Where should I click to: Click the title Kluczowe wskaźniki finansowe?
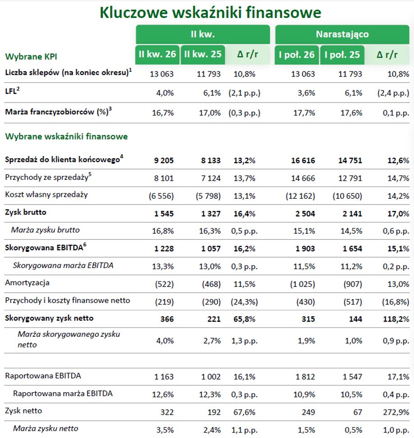pyautogui.click(x=210, y=13)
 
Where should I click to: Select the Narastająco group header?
pyautogui.click(x=342, y=34)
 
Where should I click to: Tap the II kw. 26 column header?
pyautogui.click(x=157, y=54)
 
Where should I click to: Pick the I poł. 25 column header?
pyautogui.click(x=342, y=54)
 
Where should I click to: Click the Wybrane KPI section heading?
pyautogui.click(x=31, y=57)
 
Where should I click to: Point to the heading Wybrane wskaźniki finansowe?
pyautogui.click(x=67, y=136)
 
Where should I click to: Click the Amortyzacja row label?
pyautogui.click(x=27, y=283)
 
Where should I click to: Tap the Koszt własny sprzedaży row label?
pyautogui.click(x=46, y=194)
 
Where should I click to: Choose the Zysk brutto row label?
pyautogui.click(x=26, y=212)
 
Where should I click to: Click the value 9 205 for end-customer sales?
pyautogui.click(x=164, y=161)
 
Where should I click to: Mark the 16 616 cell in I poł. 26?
pyautogui.click(x=303, y=161)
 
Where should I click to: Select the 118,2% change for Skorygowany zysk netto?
pyautogui.click(x=396, y=319)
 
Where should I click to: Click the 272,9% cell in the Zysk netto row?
pyautogui.click(x=396, y=412)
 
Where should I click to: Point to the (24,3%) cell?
pyautogui.click(x=244, y=302)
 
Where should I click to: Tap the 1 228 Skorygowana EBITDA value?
pyautogui.click(x=164, y=249)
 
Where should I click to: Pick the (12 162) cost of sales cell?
pyautogui.click(x=300, y=196)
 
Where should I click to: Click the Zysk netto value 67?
pyautogui.click(x=358, y=412)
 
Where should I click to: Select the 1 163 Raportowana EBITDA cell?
pyautogui.click(x=164, y=377)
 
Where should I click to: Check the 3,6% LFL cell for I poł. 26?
pyautogui.click(x=306, y=93)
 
